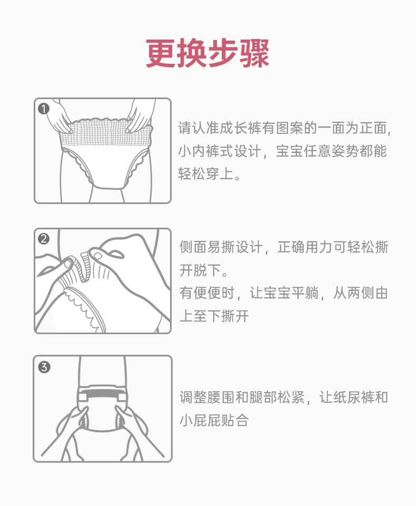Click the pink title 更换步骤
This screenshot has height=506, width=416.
click(207, 53)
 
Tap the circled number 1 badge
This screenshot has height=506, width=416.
click(44, 109)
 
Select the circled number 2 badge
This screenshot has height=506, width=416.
click(44, 239)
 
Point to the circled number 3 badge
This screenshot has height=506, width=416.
click(44, 367)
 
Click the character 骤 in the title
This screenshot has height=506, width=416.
click(254, 53)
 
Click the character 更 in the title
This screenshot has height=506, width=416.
click(161, 53)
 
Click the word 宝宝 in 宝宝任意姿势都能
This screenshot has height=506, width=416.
click(290, 151)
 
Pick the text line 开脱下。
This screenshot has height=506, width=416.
click(204, 270)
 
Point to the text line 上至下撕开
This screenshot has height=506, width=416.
click(214, 316)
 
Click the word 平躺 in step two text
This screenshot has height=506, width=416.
click(305, 293)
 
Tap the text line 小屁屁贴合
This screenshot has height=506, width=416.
click(214, 421)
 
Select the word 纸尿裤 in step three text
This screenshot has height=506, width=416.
click(354, 397)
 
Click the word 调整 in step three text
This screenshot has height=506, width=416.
click(193, 397)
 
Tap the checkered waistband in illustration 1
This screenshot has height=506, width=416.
click(106, 134)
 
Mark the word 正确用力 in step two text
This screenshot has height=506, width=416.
click(305, 247)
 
